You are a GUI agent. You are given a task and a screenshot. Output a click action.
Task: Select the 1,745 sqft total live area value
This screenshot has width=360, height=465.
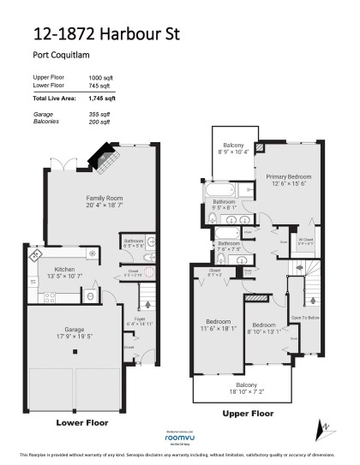click(x=103, y=99)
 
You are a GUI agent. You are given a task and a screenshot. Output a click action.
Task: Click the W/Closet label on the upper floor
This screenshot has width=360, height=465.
click(x=305, y=241)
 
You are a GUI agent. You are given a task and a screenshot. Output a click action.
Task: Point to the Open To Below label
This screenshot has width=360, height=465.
click(x=305, y=317)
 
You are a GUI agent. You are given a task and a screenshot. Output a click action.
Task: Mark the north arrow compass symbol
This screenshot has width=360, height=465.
click(x=323, y=426)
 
